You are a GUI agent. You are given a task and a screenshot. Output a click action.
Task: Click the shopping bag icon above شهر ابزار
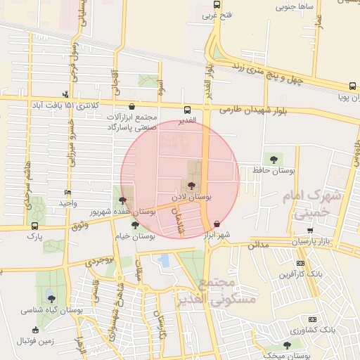[x=216, y=225]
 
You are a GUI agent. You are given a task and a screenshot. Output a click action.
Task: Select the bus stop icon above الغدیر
[x=187, y=109]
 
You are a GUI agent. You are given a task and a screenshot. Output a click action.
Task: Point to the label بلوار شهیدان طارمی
[x=255, y=110]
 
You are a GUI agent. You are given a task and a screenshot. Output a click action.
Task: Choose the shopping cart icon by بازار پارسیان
[x=310, y=230]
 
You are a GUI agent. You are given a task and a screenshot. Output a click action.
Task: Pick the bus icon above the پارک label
[x=35, y=226]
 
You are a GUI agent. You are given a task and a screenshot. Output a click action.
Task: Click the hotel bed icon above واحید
[x=67, y=192]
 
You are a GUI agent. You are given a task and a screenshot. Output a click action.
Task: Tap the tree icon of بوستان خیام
[x=134, y=225]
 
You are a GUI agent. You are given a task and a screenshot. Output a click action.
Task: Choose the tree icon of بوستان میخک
[x=286, y=345]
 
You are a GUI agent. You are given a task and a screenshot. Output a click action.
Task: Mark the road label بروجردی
[x=99, y=261]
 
